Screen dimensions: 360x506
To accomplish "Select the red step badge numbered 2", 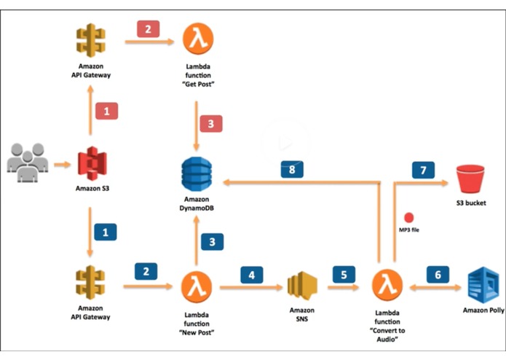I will (x=148, y=31).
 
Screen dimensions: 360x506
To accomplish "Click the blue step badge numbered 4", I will (x=251, y=275).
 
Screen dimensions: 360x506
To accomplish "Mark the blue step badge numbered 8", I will (x=291, y=169).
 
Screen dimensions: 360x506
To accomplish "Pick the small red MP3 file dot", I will (x=409, y=217).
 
